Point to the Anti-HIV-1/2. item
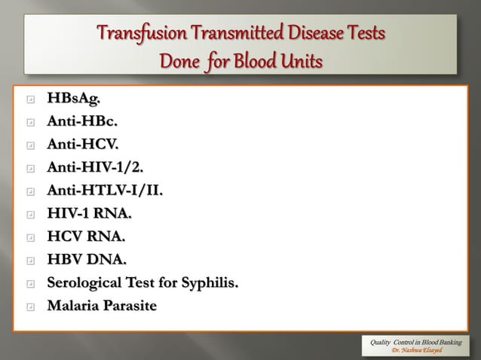[x=93, y=167]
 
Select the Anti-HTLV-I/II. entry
[x=104, y=191]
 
